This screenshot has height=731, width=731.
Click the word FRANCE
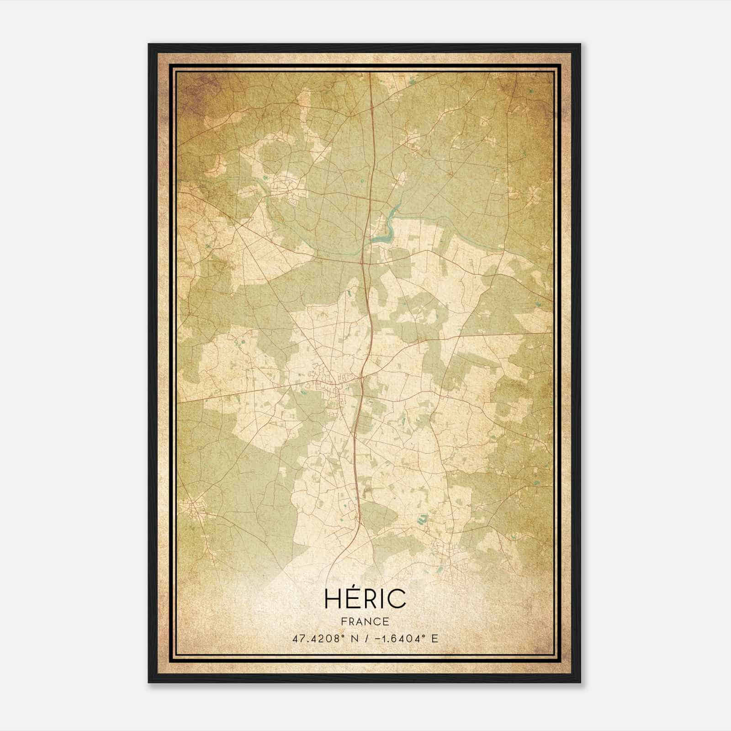point(365,621)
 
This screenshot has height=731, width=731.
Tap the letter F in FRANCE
point(343,621)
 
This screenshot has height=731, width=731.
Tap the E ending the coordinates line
point(434,638)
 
